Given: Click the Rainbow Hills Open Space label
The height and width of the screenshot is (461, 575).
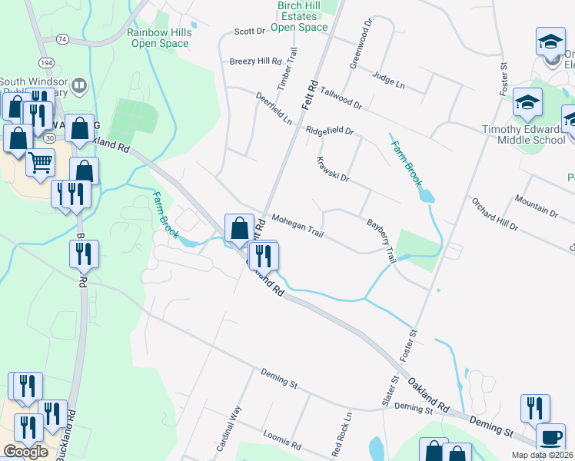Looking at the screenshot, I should coord(158,38).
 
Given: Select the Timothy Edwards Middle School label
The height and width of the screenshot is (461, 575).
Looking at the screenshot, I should coord(524,134).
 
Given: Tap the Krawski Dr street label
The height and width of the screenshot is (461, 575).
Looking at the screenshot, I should coord(333,170).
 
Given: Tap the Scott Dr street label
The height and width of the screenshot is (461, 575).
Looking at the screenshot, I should coord(249,32).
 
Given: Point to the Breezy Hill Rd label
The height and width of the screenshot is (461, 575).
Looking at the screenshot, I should coord(256,61).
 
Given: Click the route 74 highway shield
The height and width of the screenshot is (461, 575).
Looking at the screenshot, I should coord(62,38).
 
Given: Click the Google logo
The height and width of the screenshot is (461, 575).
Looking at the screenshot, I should coord(26,451).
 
